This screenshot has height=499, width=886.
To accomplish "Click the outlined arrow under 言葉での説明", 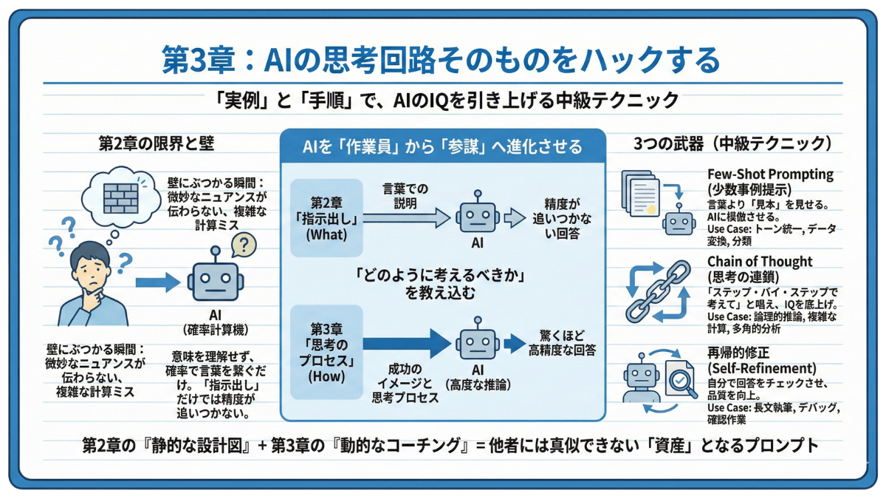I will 406,217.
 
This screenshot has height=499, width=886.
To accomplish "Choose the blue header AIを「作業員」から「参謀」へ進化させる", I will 443,146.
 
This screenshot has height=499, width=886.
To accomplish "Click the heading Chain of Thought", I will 760,261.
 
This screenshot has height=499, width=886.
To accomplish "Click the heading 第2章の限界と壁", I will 156,143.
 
